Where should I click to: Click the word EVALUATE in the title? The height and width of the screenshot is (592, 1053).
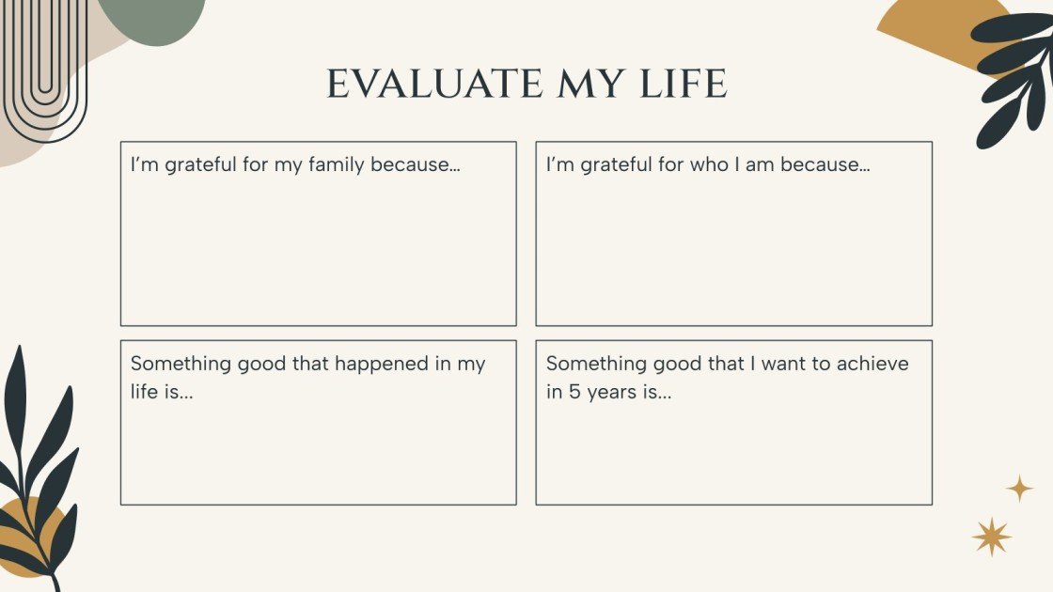coord(434,85)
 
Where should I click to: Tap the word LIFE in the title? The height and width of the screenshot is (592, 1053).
coord(689,85)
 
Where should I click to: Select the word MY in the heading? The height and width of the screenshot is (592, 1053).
coord(590,85)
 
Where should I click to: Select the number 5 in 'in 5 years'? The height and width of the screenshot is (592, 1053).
coord(574,392)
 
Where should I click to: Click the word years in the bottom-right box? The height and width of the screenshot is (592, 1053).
coord(612,394)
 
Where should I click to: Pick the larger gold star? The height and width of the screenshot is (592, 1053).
coord(992,537)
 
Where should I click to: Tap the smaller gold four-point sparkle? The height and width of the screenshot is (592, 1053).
coord(1019,489)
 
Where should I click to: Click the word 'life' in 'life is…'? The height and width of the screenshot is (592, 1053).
coord(144,392)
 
